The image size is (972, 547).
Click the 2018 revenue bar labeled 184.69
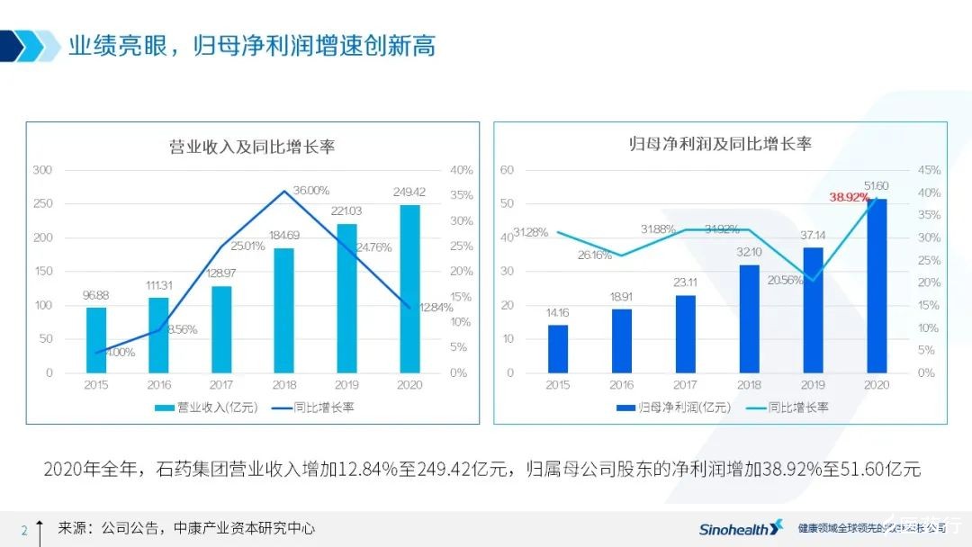point(283,310)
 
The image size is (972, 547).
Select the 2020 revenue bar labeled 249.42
point(409,289)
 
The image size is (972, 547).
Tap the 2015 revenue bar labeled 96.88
point(96,340)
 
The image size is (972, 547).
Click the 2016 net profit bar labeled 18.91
point(622,341)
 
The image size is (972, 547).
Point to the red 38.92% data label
point(850,197)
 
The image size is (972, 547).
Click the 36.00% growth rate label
point(311,190)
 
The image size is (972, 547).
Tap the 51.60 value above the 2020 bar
point(876,185)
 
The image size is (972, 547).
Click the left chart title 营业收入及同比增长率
point(252,147)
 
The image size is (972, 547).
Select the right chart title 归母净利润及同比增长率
point(720,144)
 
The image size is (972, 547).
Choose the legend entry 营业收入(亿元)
point(206,408)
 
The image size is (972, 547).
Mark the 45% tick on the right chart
point(929,170)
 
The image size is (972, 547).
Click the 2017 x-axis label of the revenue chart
point(221,385)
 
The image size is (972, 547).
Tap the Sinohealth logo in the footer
point(741,528)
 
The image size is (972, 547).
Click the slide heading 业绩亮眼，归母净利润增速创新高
point(252,46)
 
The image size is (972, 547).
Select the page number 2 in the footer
point(24,529)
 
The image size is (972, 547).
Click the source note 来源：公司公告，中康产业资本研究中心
point(186,528)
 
